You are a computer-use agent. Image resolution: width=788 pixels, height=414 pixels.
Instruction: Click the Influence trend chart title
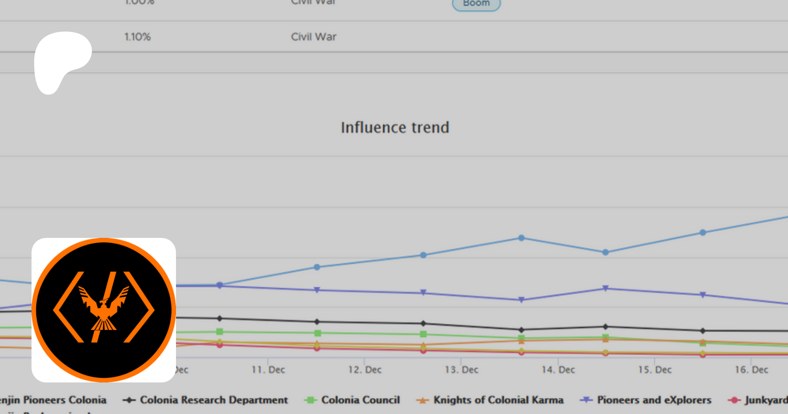pos(395,127)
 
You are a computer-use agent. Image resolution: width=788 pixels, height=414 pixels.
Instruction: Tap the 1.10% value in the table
pos(137,37)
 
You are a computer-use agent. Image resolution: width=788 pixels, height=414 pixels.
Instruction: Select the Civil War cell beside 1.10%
pos(313,37)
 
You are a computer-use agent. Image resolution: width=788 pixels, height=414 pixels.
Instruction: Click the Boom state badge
pos(476,4)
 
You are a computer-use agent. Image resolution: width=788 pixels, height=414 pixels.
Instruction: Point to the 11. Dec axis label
pos(268,370)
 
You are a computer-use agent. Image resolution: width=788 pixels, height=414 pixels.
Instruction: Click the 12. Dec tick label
pos(365,370)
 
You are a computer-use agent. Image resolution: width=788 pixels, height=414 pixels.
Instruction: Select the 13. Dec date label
pos(461,370)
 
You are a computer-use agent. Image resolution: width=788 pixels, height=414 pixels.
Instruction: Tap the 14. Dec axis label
pos(558,370)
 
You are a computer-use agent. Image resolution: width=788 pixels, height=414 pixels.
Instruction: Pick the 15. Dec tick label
pos(655,370)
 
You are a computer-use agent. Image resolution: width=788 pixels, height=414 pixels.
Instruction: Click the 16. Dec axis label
pos(751,370)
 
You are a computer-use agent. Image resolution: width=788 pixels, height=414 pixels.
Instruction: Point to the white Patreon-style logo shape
pos(61,59)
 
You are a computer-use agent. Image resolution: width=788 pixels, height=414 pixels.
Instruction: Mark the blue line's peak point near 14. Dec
pos(521,238)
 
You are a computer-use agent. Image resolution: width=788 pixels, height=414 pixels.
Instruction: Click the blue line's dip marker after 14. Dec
pos(605,252)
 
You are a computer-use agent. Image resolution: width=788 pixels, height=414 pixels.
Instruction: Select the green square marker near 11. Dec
pos(220,332)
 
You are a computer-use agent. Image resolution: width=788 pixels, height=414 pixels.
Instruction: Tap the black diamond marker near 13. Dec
pos(423,323)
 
